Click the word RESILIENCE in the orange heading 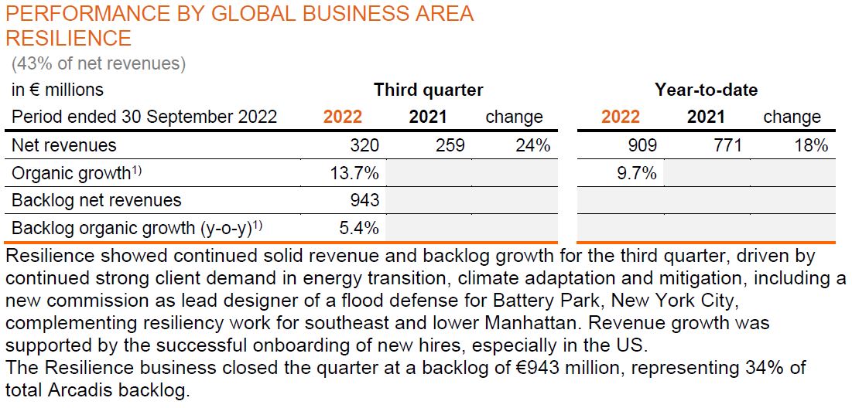point(68,38)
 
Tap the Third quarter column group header point(428,90)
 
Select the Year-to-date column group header point(706,90)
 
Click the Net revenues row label point(63,145)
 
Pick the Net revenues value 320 point(364,145)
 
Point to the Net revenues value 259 point(450,145)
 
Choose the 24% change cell point(532,145)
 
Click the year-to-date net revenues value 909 point(642,145)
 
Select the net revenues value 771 point(727,145)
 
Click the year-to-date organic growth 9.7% point(637,173)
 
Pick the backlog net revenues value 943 point(364,200)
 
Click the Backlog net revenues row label point(96,200)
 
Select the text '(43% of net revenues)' point(98,63)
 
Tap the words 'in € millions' point(57,90)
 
